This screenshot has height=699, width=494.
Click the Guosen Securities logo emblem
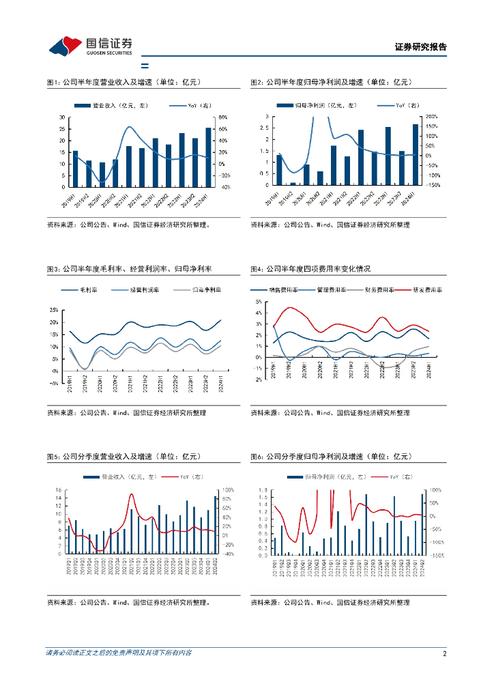pos(66,46)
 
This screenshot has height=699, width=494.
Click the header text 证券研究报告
pos(420,47)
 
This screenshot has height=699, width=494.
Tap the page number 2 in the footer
pos(444,653)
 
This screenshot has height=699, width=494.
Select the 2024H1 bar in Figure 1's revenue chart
pos(208,157)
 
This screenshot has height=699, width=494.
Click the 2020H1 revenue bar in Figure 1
pos(102,174)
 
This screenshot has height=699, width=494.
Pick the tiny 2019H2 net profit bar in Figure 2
pos(293,184)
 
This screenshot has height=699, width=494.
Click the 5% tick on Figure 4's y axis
pos(259,301)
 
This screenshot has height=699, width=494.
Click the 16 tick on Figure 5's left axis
pos(59,490)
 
